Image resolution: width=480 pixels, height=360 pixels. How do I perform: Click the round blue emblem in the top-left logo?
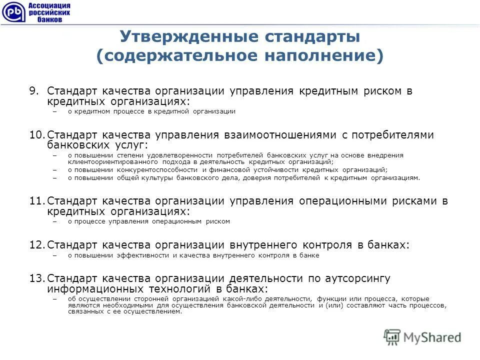(x=12, y=11)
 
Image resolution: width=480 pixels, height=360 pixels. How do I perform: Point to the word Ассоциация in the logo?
(x=49, y=5)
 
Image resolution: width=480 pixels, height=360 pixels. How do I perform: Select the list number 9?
(x=33, y=91)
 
